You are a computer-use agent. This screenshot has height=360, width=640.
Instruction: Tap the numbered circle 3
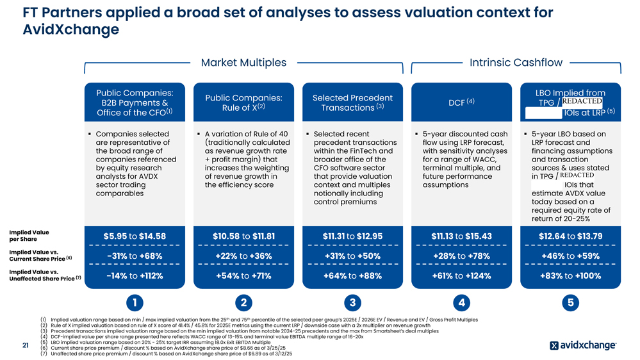(x=352, y=302)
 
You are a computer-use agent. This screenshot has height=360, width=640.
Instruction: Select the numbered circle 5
(x=570, y=302)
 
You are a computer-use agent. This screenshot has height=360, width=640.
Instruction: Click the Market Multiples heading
(x=243, y=62)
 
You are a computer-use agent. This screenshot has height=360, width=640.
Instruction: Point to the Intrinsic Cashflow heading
(x=516, y=62)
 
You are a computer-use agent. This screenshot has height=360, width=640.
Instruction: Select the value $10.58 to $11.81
(x=243, y=236)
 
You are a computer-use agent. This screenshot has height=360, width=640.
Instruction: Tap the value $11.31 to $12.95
(x=352, y=236)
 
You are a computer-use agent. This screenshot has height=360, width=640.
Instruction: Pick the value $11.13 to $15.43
(x=461, y=236)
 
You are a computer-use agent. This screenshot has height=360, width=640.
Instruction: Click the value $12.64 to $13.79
(x=570, y=236)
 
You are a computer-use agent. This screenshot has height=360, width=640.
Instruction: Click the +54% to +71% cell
(x=243, y=276)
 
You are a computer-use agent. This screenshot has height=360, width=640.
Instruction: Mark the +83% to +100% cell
(x=570, y=276)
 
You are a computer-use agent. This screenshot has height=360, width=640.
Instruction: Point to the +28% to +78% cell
(x=461, y=256)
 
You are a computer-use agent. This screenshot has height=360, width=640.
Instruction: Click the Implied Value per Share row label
(x=29, y=236)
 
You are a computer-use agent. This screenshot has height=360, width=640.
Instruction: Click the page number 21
(x=25, y=346)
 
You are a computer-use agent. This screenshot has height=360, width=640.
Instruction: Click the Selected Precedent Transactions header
(x=352, y=102)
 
